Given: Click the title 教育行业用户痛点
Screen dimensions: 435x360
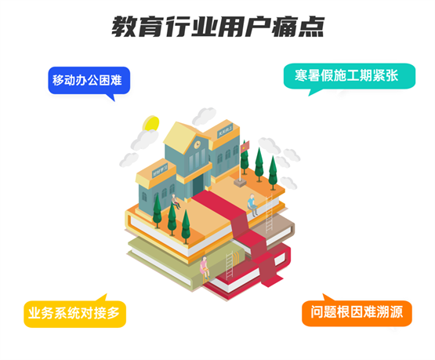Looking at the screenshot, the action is tap(218, 27).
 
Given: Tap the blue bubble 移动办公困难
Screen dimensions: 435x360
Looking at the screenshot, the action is tap(89, 81).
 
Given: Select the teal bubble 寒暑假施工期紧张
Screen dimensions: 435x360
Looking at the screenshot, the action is tap(350, 76).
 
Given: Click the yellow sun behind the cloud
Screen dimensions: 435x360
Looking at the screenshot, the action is tap(151, 123).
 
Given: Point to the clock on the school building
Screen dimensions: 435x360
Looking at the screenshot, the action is tap(198, 144).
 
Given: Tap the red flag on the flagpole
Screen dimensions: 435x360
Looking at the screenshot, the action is tap(245, 146).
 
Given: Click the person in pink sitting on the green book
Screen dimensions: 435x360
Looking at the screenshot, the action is tap(205, 267).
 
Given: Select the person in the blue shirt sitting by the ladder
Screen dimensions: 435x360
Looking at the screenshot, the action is tap(252, 205).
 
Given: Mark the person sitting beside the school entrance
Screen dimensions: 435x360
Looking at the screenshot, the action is tap(175, 202).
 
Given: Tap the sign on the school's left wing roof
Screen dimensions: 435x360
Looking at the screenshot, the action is tap(160, 170).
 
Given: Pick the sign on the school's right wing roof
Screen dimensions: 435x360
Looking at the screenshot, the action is tap(225, 130).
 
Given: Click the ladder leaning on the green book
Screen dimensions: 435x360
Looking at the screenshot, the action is tap(230, 266).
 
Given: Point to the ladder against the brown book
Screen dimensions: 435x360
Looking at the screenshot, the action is tap(269, 213).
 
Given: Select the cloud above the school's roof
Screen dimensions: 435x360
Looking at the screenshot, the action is tap(205, 115).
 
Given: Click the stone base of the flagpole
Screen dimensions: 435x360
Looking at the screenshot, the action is tap(240, 183).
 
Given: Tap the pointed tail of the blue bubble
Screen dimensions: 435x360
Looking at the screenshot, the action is tap(111, 98).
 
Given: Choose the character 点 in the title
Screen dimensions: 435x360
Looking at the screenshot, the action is tap(311, 27).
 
